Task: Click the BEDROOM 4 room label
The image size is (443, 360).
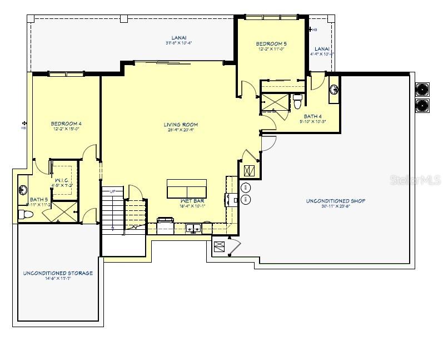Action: click(66, 124)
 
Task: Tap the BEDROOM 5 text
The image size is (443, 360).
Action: click(271, 43)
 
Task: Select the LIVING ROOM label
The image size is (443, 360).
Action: click(181, 125)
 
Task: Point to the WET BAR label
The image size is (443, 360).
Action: click(192, 200)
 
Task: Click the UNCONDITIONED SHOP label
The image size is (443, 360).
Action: click(335, 201)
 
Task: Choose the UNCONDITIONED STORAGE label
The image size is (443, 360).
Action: click(58, 273)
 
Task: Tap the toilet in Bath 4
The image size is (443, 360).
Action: click(298, 102)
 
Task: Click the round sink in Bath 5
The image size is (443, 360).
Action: click(23, 189)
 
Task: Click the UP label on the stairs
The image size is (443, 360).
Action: click(113, 191)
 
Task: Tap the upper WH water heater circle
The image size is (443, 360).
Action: click(246, 187)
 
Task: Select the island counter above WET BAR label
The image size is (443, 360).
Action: click(190, 189)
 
